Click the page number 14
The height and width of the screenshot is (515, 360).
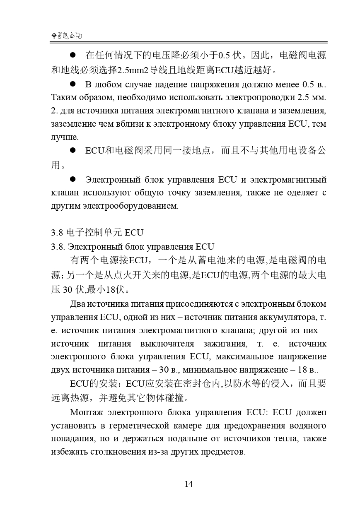pyautogui.click(x=188, y=484)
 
